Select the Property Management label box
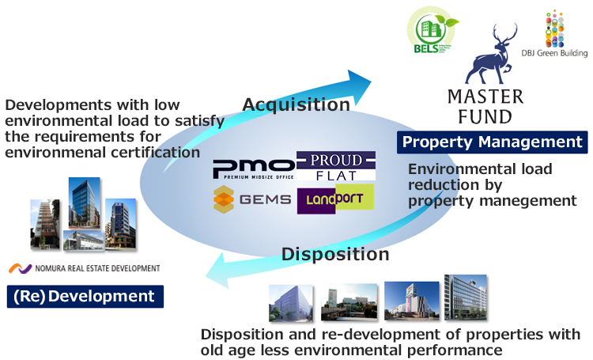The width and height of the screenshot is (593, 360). (x=492, y=142)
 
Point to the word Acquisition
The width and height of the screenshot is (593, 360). (x=296, y=104)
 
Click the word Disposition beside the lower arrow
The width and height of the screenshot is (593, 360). (x=336, y=254)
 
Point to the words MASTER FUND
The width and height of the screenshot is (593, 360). (x=485, y=107)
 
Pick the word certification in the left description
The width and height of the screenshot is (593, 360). (x=149, y=152)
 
